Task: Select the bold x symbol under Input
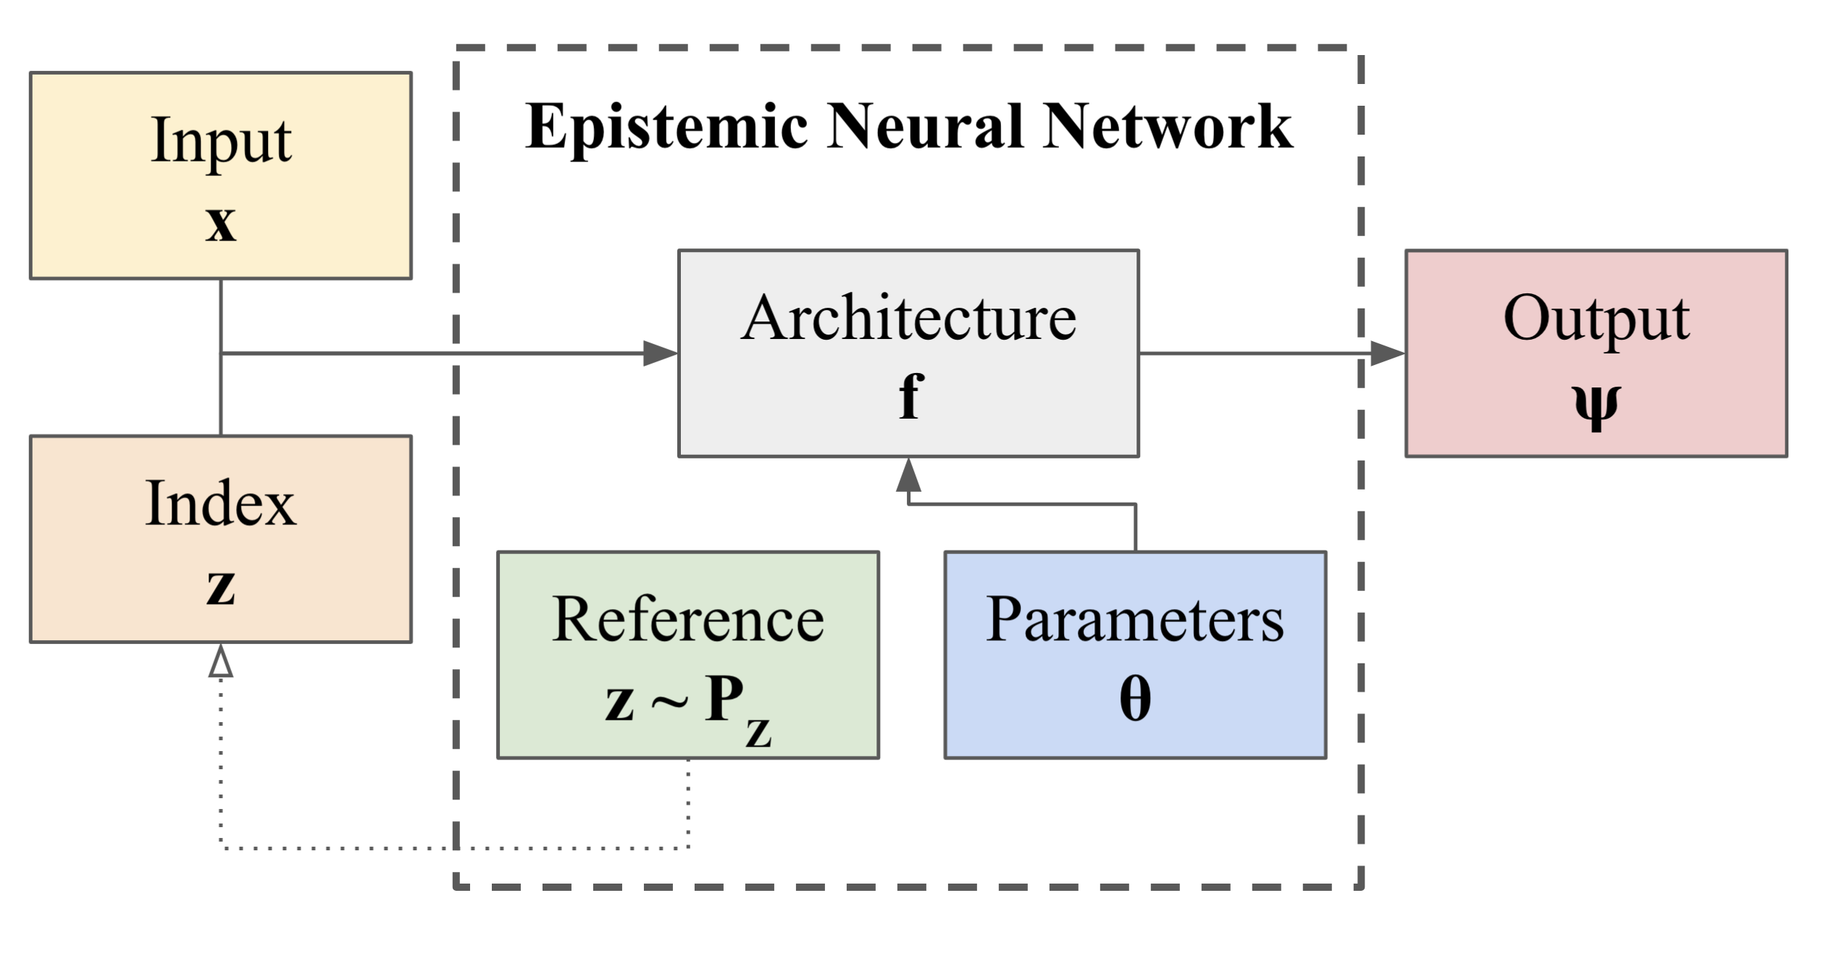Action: point(221,223)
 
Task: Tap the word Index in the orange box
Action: point(221,503)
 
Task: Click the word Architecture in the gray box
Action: point(908,319)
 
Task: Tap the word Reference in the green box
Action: point(687,620)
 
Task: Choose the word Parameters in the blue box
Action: point(1134,620)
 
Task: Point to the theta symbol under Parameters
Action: point(1134,700)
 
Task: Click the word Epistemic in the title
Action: point(666,127)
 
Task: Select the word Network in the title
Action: point(1167,126)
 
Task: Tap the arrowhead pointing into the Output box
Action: point(1387,353)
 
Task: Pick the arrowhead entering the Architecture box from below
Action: point(908,475)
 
